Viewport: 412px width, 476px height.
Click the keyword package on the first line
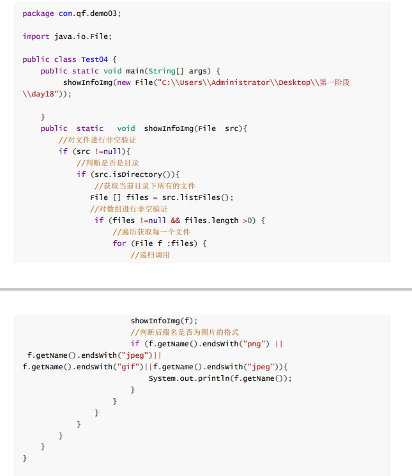click(x=38, y=13)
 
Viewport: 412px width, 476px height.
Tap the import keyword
click(x=36, y=36)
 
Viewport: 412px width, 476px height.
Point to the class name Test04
click(x=95, y=59)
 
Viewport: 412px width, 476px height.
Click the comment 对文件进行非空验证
click(x=97, y=140)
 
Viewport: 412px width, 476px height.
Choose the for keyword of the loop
click(x=119, y=243)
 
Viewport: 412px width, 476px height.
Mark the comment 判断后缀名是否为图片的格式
click(x=185, y=332)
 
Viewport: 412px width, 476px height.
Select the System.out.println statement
click(x=220, y=378)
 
